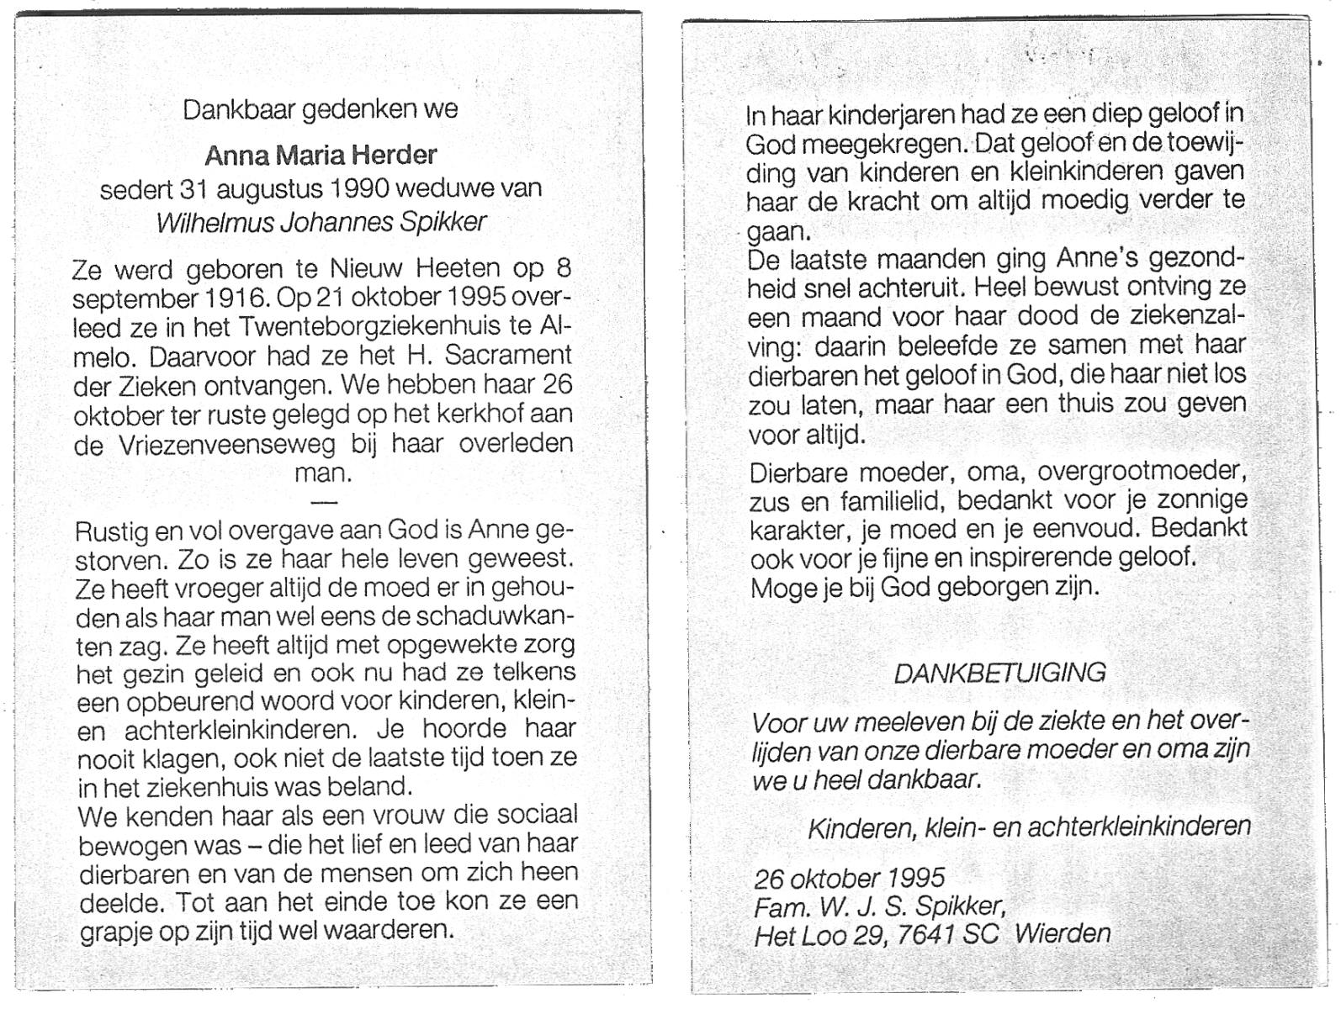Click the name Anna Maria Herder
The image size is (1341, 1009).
tap(321, 156)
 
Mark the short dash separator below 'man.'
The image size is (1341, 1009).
tap(324, 502)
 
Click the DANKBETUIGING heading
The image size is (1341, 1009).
tap(999, 673)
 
